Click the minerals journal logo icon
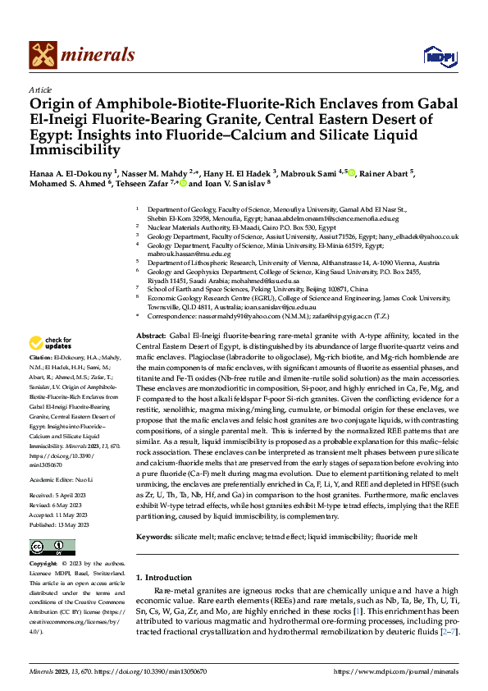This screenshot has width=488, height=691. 43,54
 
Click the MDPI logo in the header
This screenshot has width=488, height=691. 438,55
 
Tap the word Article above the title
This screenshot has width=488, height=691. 40,89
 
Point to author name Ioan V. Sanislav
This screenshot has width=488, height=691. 231,185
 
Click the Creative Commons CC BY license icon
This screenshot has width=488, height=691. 53,547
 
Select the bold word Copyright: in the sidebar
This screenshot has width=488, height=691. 43,565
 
